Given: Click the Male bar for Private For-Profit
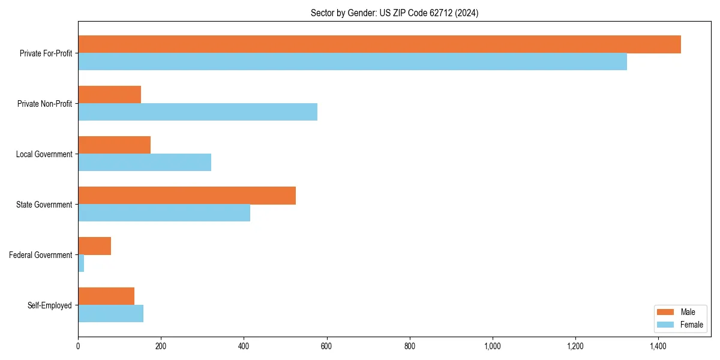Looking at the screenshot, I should (379, 44).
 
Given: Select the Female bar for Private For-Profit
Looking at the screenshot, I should (352, 62).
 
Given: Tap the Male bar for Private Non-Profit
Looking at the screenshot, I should (109, 95).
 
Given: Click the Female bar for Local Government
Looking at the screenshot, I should (145, 163).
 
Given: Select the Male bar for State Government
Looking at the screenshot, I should (187, 196).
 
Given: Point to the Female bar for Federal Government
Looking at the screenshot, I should (81, 263).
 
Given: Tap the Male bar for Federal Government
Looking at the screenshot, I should (94, 246).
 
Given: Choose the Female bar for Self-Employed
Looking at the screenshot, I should (110, 314).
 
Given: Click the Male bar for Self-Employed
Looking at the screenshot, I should (106, 296).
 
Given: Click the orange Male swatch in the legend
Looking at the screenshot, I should (666, 312).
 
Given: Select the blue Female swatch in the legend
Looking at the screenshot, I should (666, 325).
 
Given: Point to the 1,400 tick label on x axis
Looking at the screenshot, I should (658, 346).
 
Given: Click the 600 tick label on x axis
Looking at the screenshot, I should (326, 346).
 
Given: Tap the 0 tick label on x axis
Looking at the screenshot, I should (78, 346).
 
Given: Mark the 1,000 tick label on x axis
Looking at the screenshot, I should (493, 346).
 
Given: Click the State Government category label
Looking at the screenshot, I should (44, 205).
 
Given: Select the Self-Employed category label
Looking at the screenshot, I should (49, 305).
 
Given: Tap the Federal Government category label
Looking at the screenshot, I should (40, 255).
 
